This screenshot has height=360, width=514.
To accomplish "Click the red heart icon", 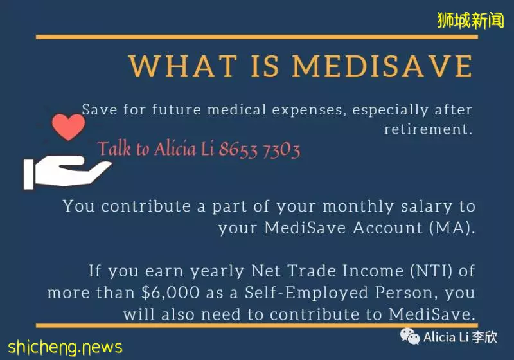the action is [x=68, y=127].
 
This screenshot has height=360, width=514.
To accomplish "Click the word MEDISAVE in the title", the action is [x=382, y=66].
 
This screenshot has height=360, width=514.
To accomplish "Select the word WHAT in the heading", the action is [x=183, y=66].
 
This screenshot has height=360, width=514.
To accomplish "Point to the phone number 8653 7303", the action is [x=260, y=150].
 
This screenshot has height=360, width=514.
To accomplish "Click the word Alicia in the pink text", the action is [x=175, y=149].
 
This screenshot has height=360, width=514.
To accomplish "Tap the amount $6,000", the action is [x=170, y=292].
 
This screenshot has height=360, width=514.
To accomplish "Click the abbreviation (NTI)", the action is [x=431, y=271].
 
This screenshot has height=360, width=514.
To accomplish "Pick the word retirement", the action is [x=428, y=129].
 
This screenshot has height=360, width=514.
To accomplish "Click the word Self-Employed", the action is [x=306, y=292].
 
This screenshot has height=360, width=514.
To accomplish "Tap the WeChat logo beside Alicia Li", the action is [x=410, y=336].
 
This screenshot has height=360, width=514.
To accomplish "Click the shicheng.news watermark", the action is [x=66, y=348].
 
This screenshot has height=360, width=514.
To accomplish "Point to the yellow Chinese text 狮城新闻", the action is [x=470, y=21].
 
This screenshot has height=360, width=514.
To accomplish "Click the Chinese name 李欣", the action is [x=484, y=337].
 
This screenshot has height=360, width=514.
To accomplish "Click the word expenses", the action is [x=309, y=110].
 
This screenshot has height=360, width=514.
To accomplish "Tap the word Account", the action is [x=388, y=228].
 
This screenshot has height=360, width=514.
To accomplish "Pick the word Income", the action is [x=373, y=271].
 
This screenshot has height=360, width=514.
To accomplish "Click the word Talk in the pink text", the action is [x=114, y=148].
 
